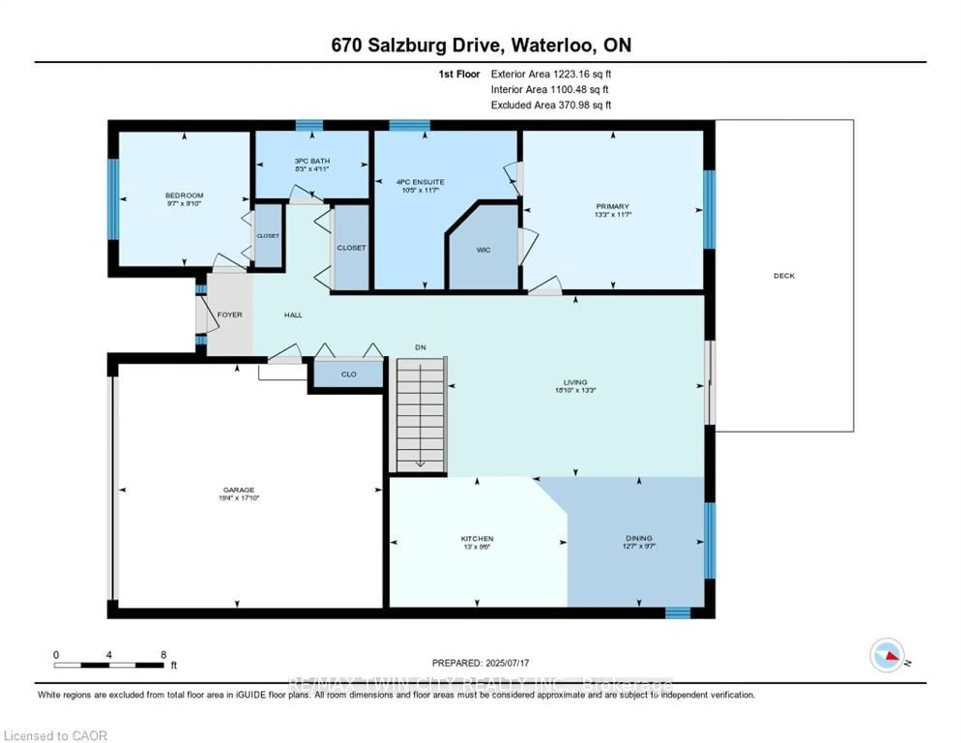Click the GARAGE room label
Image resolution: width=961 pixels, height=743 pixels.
238,490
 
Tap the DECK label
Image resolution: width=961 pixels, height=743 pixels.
784,276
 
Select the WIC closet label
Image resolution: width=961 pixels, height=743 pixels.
483,250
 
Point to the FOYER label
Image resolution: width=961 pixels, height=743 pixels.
230,315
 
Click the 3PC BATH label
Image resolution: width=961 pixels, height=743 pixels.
312,161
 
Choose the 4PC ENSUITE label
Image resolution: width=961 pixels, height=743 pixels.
420,182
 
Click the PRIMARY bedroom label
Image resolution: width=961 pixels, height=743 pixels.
612,206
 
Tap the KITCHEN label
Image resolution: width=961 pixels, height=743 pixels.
477,538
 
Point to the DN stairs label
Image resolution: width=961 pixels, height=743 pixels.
420,347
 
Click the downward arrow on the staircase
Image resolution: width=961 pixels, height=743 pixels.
420,463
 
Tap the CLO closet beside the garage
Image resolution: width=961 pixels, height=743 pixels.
349,374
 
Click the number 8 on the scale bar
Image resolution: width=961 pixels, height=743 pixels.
163,655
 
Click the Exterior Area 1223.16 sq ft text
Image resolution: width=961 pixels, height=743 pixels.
551,74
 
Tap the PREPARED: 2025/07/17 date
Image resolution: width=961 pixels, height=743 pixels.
480,663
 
